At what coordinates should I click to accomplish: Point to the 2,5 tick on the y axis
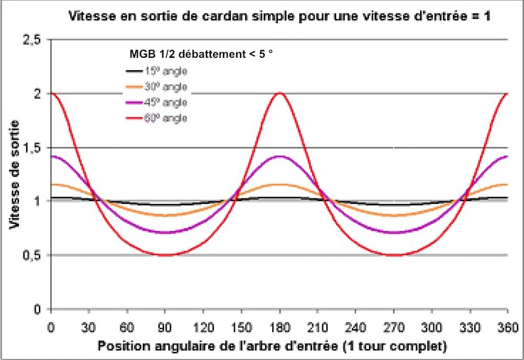[32, 40]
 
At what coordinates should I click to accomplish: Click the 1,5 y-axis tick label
[32, 147]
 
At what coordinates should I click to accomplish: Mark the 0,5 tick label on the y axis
[32, 255]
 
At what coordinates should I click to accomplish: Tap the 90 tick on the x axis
[165, 326]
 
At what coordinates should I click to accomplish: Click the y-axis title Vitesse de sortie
[15, 174]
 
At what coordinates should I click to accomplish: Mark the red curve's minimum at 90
[165, 255]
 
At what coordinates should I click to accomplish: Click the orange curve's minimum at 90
[165, 216]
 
